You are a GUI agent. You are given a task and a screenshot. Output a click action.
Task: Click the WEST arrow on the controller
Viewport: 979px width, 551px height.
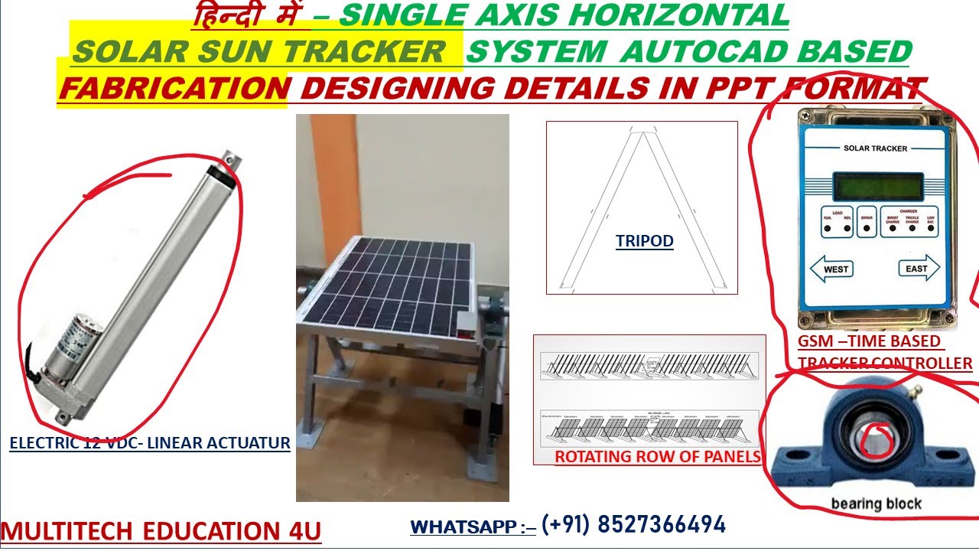tap(832, 269)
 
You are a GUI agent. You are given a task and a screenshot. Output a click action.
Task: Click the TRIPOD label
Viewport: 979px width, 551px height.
tap(644, 242)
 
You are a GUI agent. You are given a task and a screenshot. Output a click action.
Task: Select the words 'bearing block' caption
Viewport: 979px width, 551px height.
tap(876, 504)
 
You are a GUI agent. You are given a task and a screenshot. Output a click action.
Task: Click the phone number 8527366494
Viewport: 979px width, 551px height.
tap(661, 525)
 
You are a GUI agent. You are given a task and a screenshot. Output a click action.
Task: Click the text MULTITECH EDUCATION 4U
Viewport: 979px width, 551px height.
tap(161, 531)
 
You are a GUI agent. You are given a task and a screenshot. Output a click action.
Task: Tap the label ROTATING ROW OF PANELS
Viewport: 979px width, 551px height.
tap(657, 457)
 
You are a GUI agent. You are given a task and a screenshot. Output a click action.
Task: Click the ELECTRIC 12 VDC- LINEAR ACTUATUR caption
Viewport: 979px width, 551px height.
tap(150, 443)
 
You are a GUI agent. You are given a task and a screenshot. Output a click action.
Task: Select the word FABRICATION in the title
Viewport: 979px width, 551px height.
tap(174, 89)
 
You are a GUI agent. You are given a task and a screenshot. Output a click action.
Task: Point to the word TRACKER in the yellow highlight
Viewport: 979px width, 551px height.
tap(376, 51)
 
